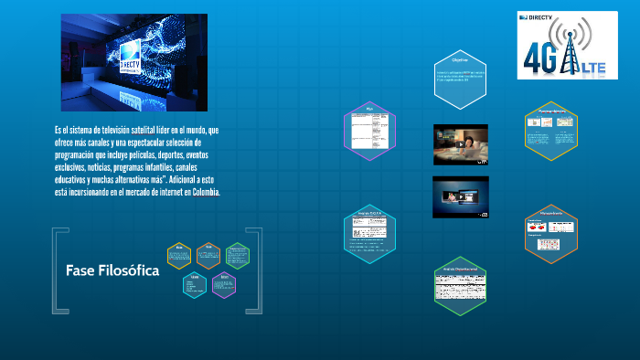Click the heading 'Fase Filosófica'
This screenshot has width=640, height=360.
pos(112,271)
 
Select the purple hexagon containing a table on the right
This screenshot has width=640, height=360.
pos(370,130)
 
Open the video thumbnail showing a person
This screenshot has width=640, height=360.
pos(460,144)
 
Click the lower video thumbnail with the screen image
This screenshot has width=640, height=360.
pos(460,196)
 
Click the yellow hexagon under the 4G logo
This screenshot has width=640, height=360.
pos(550,130)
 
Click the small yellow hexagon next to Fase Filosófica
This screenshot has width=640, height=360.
pos(180,257)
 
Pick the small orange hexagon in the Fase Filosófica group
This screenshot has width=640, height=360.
pos(208,257)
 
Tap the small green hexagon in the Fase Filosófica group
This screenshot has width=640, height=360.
pos(237,257)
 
